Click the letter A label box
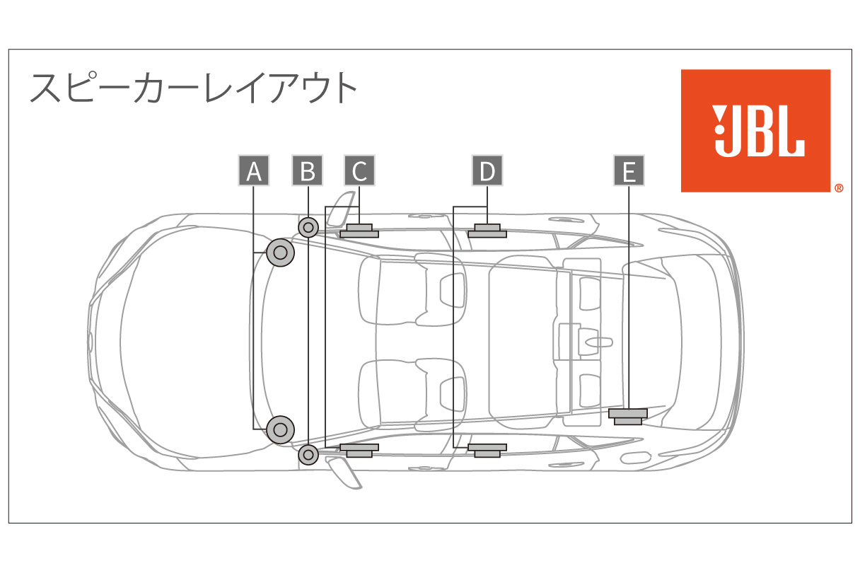(x=254, y=171)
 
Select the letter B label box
(x=308, y=171)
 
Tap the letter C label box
(x=359, y=171)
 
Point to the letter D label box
(x=487, y=171)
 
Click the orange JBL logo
(x=755, y=131)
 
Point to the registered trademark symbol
(x=838, y=189)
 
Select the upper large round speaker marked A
(x=281, y=253)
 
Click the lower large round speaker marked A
(x=281, y=429)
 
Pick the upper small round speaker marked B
(x=308, y=228)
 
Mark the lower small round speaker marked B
(x=308, y=454)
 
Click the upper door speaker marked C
(x=359, y=231)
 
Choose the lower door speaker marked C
(x=359, y=449)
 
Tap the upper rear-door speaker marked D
(x=487, y=231)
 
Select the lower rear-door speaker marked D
(x=487, y=449)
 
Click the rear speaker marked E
(x=628, y=416)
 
